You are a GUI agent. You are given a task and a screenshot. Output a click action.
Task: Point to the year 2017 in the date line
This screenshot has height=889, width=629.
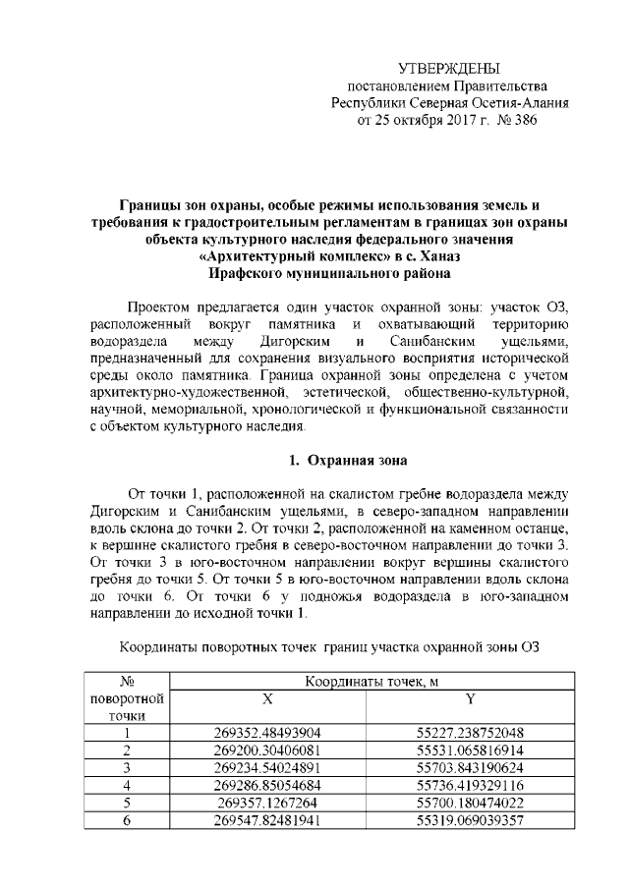445,120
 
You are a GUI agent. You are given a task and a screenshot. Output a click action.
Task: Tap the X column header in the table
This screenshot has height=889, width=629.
267,698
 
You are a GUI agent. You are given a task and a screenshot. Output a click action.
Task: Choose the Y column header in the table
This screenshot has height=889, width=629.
469,698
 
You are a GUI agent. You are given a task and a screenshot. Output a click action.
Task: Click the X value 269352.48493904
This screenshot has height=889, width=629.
267,733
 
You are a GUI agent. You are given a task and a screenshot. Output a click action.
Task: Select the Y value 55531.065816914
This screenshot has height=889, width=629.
469,750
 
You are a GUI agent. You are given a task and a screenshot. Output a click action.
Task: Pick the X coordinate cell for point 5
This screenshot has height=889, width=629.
267,802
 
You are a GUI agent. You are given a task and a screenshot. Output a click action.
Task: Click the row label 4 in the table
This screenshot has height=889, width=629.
126,784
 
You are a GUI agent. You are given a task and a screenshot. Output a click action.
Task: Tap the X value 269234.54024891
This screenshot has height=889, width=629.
267,767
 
